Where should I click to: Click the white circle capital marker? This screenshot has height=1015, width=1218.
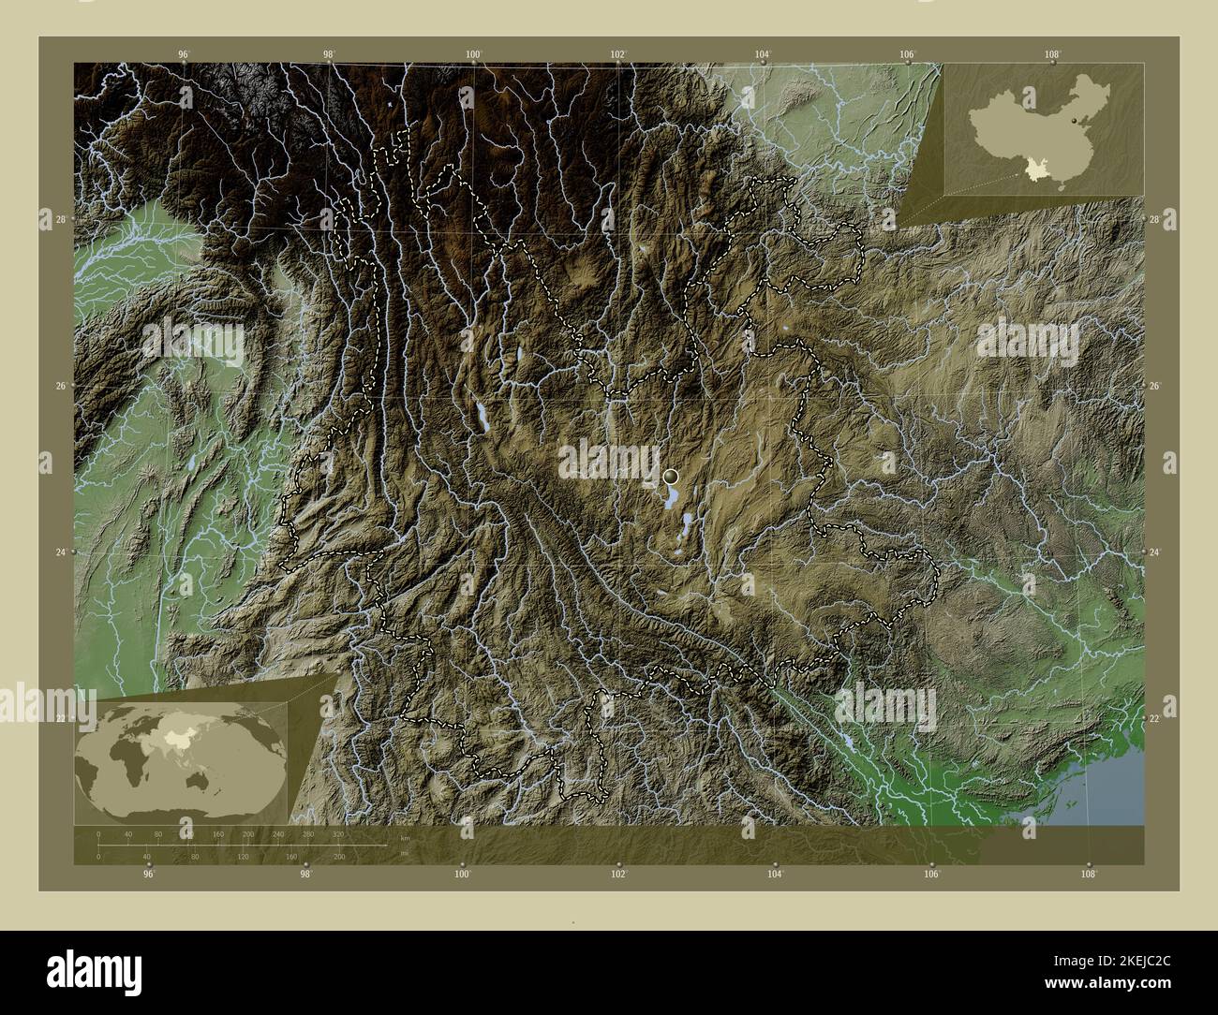pos(670,477)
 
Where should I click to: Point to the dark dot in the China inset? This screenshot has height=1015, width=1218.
pos(1072,121)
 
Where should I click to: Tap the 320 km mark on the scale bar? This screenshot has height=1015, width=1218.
pos(338,833)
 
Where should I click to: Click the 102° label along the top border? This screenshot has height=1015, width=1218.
pos(617,53)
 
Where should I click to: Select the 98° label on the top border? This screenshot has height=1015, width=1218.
pos(329,53)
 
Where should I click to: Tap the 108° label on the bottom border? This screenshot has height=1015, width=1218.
pos(1088,875)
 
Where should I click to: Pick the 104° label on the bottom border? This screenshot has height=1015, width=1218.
pos(775,875)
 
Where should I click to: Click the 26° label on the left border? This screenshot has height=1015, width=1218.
pos(59,386)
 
